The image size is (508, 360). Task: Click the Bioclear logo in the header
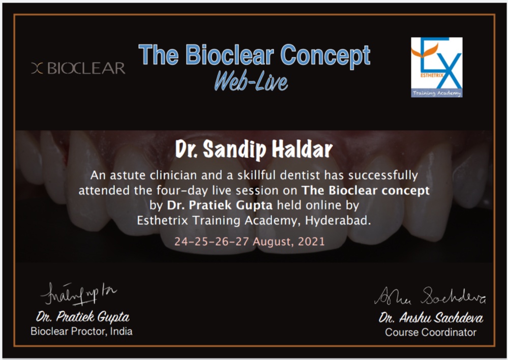tap(78, 68)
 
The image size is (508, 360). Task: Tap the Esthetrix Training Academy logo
tap(437, 67)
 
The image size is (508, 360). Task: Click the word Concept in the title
tap(325, 56)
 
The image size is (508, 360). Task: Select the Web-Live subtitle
tap(251, 81)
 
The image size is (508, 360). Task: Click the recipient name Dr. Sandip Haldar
tap(254, 149)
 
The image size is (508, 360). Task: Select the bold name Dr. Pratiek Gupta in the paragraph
tap(220, 205)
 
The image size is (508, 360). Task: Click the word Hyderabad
tap(338, 221)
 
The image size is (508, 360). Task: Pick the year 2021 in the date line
tap(311, 242)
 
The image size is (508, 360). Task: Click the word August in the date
tap(273, 242)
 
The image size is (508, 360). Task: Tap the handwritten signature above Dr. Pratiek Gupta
tap(78, 294)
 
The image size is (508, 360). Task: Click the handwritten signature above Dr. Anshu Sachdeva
tap(430, 296)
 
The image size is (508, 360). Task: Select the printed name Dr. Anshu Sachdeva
tap(431, 318)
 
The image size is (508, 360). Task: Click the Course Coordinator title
tap(431, 333)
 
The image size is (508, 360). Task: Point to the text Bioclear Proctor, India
tap(81, 332)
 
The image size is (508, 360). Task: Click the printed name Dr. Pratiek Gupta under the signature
tap(82, 317)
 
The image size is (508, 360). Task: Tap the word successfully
tap(383, 175)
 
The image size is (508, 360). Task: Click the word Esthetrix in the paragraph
tap(162, 221)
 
